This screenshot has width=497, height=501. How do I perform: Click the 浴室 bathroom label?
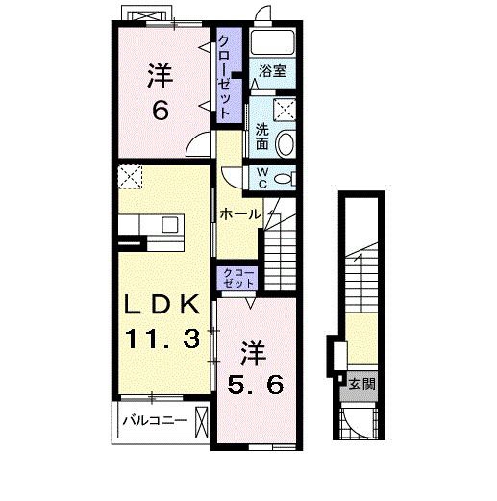272,71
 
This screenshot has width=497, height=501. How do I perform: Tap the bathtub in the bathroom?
272,42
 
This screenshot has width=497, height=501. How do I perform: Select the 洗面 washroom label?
261,137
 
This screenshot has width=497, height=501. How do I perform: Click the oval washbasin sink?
285,144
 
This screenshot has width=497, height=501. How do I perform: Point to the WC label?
262,179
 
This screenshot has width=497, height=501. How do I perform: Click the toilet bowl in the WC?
284,178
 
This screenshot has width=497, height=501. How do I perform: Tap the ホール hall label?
240,213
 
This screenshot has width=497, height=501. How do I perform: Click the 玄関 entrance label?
361,385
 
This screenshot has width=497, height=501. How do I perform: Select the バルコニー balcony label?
155,420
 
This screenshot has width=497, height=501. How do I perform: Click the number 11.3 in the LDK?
162,339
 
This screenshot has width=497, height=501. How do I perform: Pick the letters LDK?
162,305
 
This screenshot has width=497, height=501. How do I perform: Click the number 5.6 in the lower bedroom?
256,386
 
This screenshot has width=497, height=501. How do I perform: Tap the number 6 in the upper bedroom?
160,111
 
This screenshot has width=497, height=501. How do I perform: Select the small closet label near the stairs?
238,278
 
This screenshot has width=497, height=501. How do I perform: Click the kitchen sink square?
170,224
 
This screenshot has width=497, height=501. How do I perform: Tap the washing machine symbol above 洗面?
285,110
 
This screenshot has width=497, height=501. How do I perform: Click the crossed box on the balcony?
202,422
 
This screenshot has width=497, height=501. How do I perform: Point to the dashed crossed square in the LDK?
130,177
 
